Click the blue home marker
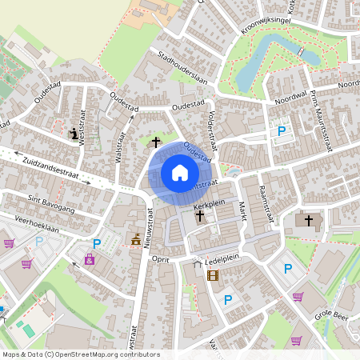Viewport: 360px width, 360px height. (179, 173)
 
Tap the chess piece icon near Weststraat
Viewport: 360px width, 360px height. (75, 134)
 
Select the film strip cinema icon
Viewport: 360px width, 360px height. (212, 276)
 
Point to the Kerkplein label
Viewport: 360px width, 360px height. (210, 206)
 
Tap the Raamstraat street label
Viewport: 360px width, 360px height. (266, 200)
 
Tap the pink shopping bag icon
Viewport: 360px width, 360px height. (90, 259)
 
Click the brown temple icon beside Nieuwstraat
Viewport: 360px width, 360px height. (136, 239)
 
